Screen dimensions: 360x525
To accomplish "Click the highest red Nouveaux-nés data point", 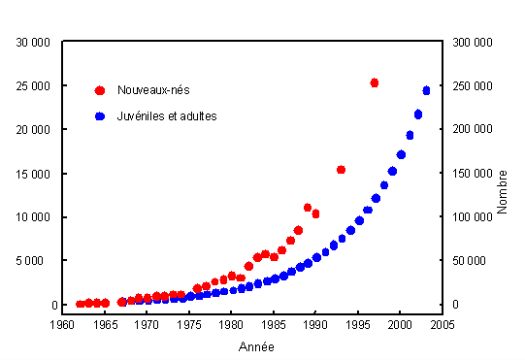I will (x=375, y=83).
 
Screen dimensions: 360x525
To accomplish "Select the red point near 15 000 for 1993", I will (x=341, y=170).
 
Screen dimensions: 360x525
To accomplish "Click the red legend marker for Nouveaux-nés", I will (x=99, y=90).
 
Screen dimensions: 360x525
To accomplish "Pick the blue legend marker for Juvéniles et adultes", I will (x=99, y=116).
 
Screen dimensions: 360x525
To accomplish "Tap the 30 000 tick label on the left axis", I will (x=35, y=42).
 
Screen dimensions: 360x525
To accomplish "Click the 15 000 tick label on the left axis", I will (x=35, y=173).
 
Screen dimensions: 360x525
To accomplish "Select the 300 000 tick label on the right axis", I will (x=470, y=42).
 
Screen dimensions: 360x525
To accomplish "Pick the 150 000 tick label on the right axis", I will (x=470, y=173).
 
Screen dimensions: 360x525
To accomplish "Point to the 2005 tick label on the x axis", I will (x=443, y=324).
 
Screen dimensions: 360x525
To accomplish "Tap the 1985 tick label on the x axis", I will (x=274, y=324).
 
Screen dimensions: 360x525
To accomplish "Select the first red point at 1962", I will (x=80, y=304).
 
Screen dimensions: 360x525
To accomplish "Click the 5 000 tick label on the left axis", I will (x=38, y=261).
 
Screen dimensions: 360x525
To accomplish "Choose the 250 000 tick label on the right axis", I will (x=470, y=85).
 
